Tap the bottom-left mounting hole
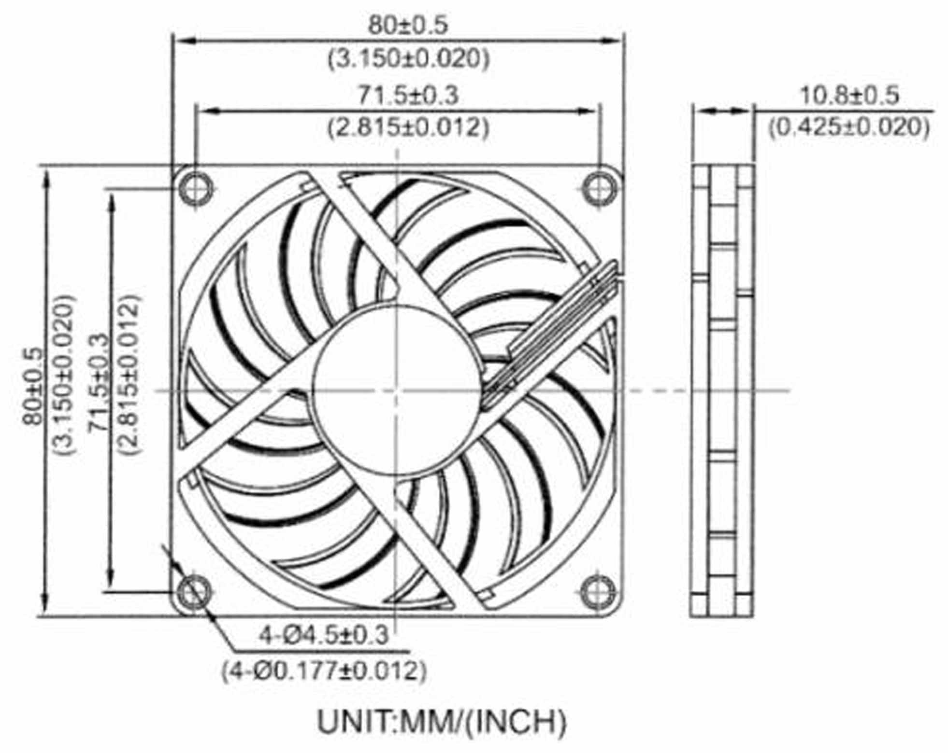(x=195, y=592)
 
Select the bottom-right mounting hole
(x=599, y=592)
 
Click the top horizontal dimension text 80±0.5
(x=408, y=25)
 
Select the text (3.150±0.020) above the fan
(x=408, y=59)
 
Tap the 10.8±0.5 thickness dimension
(x=849, y=95)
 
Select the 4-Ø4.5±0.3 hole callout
(x=324, y=635)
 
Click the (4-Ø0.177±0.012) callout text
(x=324, y=670)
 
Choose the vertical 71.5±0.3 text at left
(x=99, y=381)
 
